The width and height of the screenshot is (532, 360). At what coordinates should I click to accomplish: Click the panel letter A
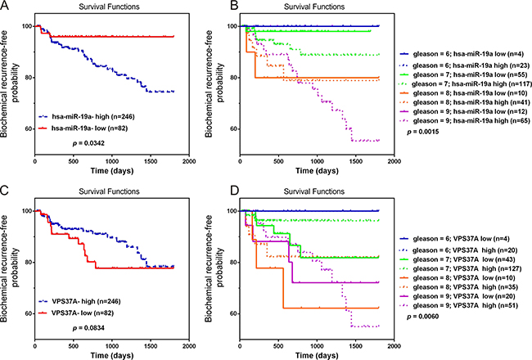click(x=7, y=8)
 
